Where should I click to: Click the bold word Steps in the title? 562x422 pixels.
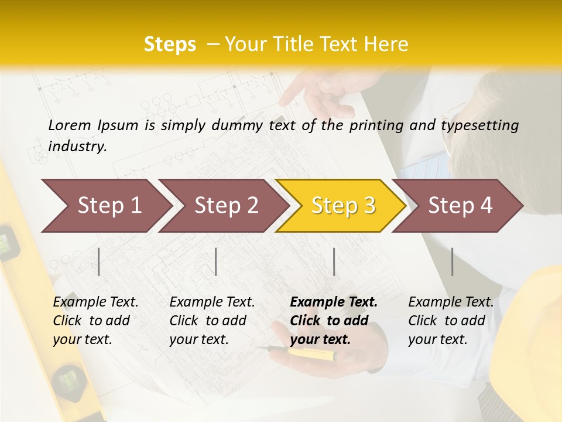170,44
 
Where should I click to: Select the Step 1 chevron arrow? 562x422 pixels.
105,206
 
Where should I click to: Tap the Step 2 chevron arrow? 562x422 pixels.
222,206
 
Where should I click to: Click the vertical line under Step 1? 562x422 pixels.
99,261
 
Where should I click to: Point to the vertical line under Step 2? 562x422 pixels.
216,261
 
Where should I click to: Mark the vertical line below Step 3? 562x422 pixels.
334,261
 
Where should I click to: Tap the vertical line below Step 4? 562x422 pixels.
452,261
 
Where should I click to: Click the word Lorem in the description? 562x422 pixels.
70,125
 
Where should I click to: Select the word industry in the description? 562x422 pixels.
77,147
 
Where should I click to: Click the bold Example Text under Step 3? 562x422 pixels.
334,302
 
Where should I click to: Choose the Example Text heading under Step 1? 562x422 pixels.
95,302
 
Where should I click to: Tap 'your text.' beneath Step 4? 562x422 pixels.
437,339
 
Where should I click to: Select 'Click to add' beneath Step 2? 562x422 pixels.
208,321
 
